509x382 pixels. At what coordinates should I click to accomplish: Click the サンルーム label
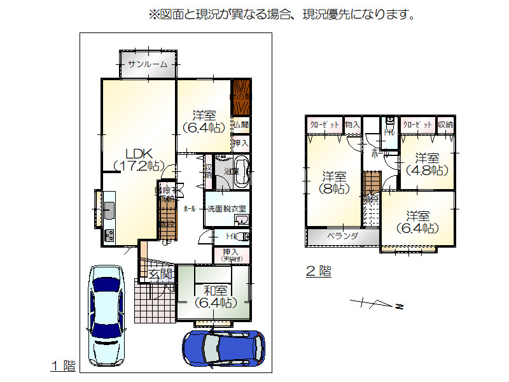148,64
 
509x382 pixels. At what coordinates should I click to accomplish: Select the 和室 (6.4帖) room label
214,296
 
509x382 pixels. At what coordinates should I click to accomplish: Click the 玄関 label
161,274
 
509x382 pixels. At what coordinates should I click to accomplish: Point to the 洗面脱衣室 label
227,209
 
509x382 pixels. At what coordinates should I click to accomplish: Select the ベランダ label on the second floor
342,236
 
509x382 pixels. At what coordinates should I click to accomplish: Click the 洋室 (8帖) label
334,182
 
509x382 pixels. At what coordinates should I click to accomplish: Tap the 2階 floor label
319,272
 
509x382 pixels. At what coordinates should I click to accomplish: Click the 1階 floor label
63,366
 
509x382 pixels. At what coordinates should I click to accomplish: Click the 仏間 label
241,125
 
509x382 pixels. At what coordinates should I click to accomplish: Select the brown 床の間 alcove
241,97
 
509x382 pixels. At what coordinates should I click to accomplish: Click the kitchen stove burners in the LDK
109,236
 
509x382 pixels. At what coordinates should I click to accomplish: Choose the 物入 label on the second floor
352,125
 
